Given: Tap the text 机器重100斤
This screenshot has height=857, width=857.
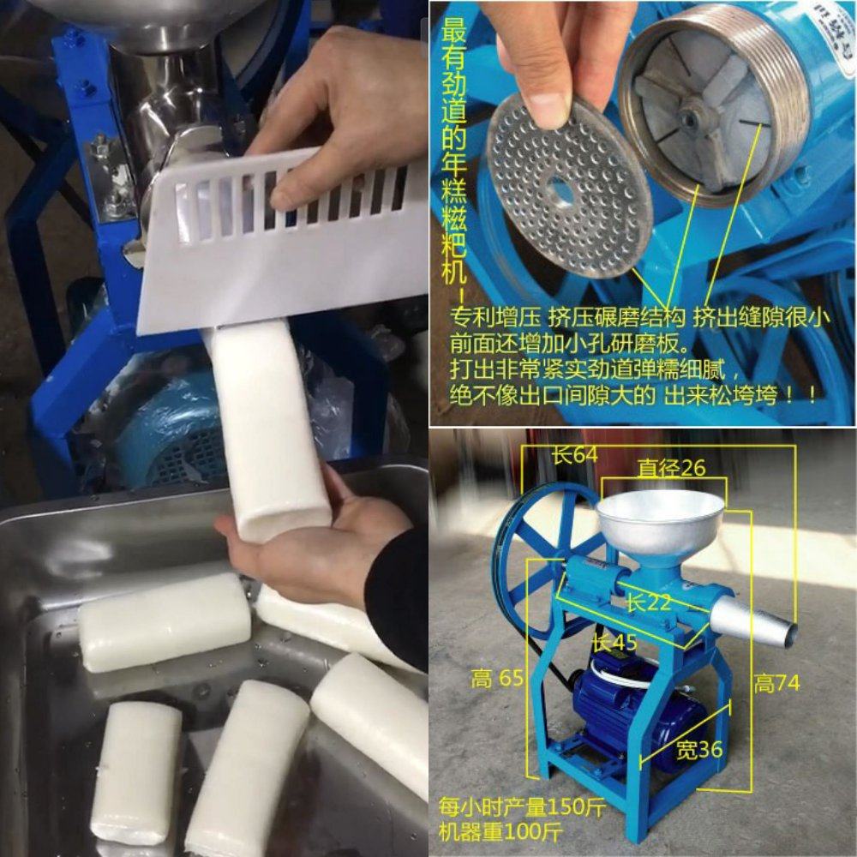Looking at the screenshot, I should pos(495,831).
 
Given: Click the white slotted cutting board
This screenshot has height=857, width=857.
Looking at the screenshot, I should pos(283,240).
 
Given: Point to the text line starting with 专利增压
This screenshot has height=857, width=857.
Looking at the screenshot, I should pos(638,318).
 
